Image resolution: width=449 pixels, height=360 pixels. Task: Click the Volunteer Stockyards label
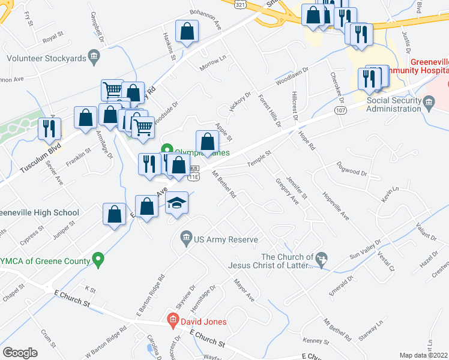click(x=44, y=58)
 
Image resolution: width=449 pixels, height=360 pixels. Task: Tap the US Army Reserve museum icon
click(x=185, y=240)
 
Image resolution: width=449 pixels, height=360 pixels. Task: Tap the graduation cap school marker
click(x=177, y=203)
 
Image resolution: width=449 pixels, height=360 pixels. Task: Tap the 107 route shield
click(x=340, y=111)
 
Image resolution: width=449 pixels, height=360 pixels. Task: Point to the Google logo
click(x=20, y=352)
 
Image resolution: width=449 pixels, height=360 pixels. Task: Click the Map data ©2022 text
click(x=423, y=355)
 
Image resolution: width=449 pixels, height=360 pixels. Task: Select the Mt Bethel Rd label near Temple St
click(x=223, y=184)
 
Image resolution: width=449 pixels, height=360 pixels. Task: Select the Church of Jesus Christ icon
click(x=322, y=258)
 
